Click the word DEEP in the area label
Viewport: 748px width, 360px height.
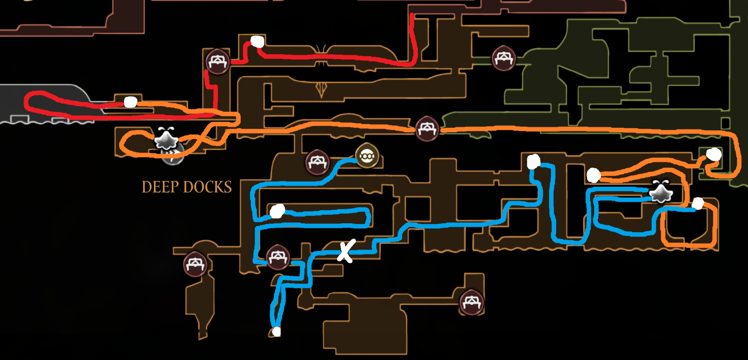[159, 187]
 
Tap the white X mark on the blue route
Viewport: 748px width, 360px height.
[346, 251]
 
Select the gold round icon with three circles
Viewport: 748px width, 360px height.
[367, 156]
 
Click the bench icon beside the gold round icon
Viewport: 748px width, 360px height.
[317, 163]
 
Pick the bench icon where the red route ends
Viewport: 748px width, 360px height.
[218, 61]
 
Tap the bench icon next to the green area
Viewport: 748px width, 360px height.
[503, 58]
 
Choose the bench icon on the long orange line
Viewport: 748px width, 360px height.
[427, 129]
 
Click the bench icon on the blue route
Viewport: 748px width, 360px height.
[278, 257]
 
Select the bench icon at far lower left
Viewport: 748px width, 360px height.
[195, 264]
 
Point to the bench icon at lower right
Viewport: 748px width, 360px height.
[471, 302]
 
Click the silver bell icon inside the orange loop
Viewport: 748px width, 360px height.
[166, 139]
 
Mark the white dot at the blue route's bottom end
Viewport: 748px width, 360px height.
[276, 331]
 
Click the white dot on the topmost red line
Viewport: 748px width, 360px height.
[257, 41]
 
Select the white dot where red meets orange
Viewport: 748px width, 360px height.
[130, 102]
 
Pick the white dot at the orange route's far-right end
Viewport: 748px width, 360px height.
[714, 154]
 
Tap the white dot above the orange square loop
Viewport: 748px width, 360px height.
[698, 204]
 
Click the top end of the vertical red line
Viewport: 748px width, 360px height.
[412, 15]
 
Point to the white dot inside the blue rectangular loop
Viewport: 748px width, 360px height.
[277, 211]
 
